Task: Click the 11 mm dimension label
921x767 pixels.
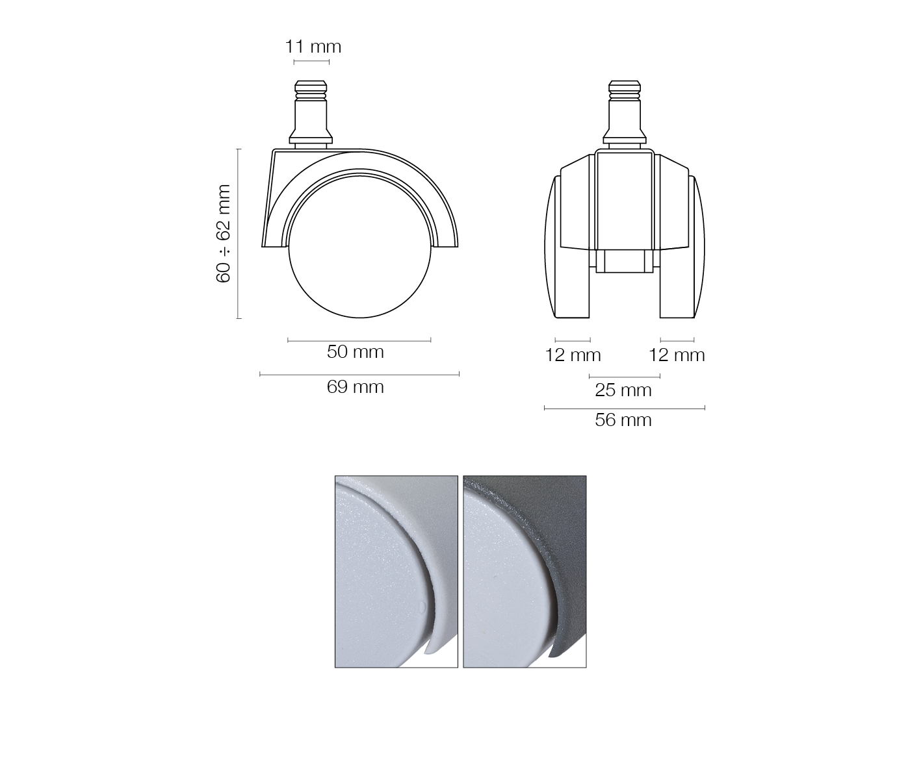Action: pos(313,46)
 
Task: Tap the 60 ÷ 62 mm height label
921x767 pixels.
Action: pos(223,234)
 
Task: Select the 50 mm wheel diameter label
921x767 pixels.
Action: pos(356,352)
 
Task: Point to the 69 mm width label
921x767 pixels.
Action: pos(356,387)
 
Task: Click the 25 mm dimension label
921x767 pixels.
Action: pos(623,390)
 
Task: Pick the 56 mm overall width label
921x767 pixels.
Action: pos(623,420)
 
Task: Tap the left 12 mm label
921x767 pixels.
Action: pos(573,355)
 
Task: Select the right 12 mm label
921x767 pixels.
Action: pos(677,355)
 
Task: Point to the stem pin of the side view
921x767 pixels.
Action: pos(311,114)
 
